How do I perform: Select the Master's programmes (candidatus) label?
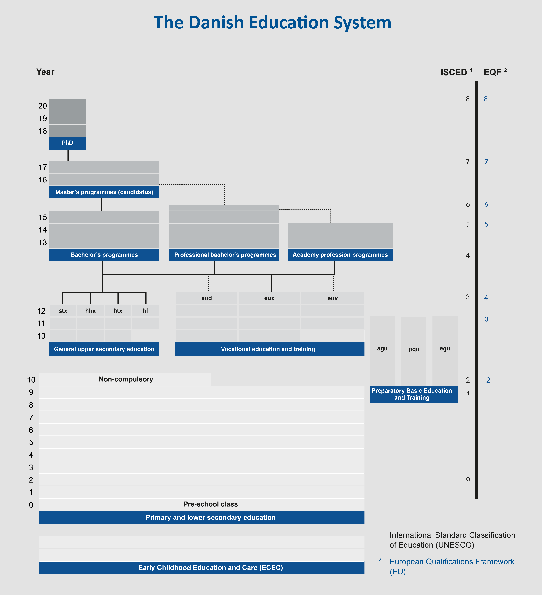click(x=104, y=192)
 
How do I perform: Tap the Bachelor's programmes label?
click(x=104, y=255)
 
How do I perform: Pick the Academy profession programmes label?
click(x=340, y=255)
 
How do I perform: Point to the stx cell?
click(x=63, y=311)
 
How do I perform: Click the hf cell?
click(x=145, y=311)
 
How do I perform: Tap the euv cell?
click(x=332, y=298)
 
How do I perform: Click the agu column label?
click(x=382, y=349)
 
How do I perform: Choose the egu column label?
click(x=445, y=349)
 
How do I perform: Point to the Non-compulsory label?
click(x=126, y=379)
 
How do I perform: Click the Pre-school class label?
click(x=211, y=504)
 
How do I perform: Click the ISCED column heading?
click(x=454, y=72)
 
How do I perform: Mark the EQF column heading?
click(x=493, y=72)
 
